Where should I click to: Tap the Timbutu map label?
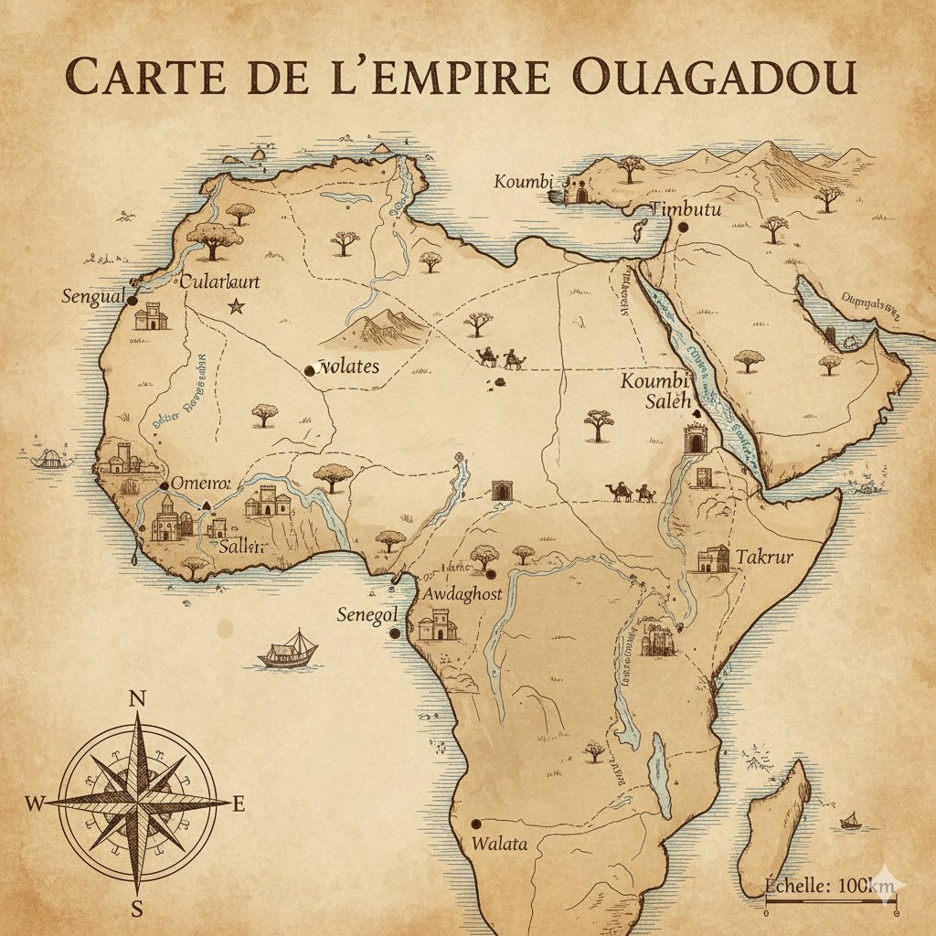[x=689, y=210]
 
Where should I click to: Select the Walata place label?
[x=499, y=844]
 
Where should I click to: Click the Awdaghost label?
[x=465, y=594]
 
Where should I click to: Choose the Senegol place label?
[x=363, y=613]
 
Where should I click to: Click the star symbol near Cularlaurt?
[x=236, y=307]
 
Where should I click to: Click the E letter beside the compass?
[x=239, y=804]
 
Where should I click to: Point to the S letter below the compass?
[x=137, y=909]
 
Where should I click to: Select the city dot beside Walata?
[x=474, y=823]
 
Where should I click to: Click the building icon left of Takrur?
[x=713, y=558]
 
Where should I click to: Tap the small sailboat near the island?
[x=851, y=820]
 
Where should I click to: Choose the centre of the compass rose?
[x=137, y=803]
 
